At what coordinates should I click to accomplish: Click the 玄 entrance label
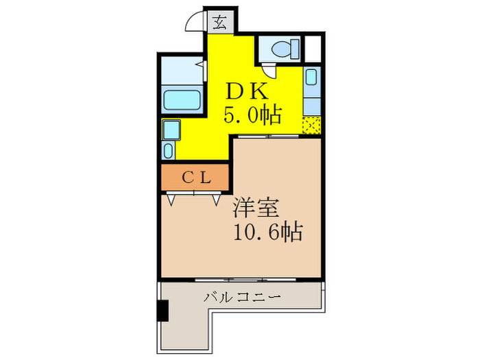point(219,22)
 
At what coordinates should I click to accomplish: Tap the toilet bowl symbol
point(282,49)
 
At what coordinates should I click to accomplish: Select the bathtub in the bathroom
point(182,99)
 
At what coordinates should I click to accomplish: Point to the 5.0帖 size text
point(252,116)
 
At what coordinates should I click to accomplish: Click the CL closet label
point(195,178)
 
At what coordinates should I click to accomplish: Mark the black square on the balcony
point(163,311)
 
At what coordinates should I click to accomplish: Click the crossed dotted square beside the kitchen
point(312,125)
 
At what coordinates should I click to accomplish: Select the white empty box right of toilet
point(313,48)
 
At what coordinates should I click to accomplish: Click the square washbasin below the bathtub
point(170,129)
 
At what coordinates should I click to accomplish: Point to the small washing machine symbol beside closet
point(169,150)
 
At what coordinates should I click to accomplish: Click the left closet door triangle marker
point(171,200)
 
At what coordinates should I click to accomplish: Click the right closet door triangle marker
point(216,200)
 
